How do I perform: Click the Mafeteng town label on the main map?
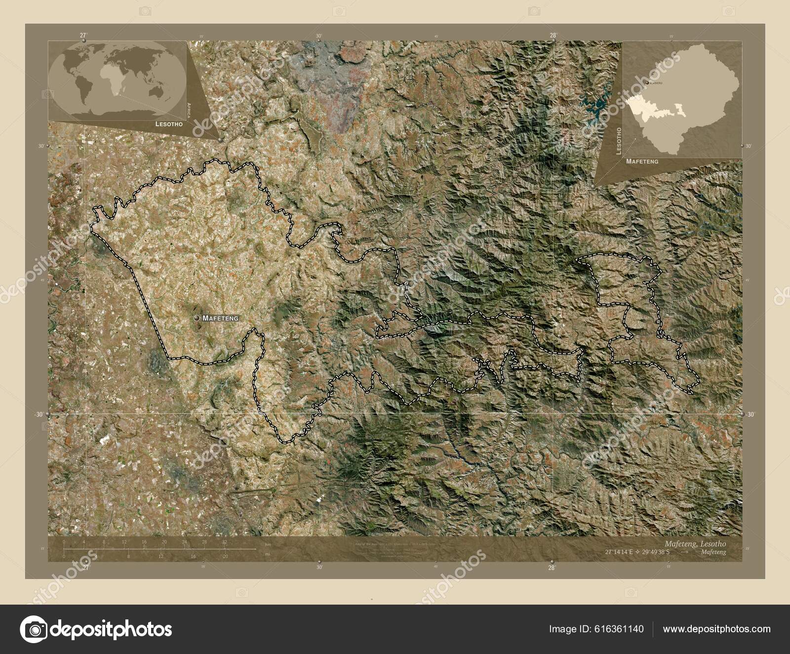220,319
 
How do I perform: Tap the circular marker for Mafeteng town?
197,319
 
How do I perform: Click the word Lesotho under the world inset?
169,125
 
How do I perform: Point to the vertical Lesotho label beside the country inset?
619,140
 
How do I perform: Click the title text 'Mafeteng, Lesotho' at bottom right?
696,543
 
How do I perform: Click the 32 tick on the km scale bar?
224,542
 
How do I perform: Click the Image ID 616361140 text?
596,629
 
